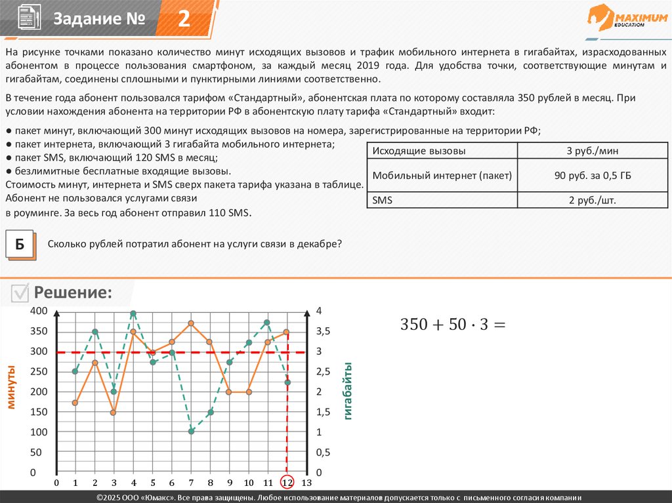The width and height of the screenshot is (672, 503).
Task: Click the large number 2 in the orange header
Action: (184, 19)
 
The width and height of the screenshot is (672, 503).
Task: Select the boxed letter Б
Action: (20, 245)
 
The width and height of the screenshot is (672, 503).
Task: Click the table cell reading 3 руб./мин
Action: (593, 151)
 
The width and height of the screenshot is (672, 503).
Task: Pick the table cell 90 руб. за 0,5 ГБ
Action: (593, 176)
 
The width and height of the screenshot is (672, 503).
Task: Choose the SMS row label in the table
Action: (382, 200)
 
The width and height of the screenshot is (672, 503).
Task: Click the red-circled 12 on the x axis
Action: (287, 483)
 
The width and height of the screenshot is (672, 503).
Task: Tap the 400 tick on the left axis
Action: (39, 311)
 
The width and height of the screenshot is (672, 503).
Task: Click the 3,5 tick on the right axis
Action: (324, 332)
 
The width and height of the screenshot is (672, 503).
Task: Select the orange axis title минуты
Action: (11, 387)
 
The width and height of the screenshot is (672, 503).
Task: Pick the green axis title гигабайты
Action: (347, 391)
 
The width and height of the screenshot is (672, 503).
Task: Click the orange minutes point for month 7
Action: (191, 323)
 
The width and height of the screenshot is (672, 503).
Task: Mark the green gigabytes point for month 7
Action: (191, 431)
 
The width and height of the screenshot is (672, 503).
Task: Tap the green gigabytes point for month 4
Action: (133, 314)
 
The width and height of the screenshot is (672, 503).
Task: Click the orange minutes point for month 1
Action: (75, 403)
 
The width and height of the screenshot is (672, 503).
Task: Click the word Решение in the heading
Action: (73, 292)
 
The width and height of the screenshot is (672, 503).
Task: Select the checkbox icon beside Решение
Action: (20, 294)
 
